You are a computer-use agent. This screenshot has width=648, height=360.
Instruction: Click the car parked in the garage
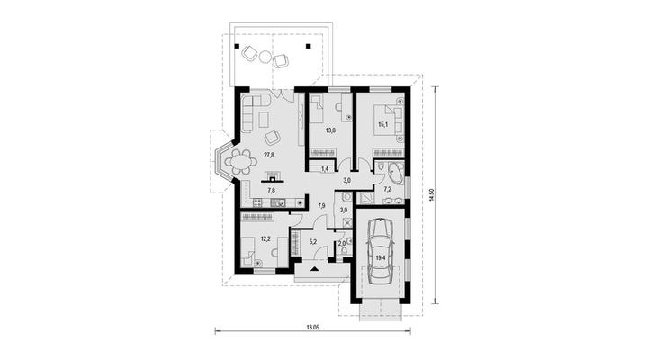380,251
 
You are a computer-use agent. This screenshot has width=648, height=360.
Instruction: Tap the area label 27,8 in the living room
269,155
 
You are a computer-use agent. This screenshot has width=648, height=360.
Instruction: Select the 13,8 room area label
330,130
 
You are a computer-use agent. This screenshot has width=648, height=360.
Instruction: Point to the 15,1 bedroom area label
383,124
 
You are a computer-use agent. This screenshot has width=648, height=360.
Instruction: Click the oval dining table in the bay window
238,162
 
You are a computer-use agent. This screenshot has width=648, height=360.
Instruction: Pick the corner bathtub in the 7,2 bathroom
394,174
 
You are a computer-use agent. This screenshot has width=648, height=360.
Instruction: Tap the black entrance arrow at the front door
315,269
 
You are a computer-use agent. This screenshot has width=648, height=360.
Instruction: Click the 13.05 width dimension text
312,327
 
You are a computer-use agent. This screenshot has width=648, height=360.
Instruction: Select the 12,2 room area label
265,238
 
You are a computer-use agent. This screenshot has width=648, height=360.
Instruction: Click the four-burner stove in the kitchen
257,202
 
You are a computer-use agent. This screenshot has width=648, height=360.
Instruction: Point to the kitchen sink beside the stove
278,202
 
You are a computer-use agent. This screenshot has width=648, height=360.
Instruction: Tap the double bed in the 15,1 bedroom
388,120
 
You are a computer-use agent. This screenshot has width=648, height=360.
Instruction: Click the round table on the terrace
265,57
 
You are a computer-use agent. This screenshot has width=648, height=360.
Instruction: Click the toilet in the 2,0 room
349,249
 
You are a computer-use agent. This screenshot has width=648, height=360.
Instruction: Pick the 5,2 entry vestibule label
312,243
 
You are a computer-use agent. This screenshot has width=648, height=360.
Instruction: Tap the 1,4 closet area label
324,169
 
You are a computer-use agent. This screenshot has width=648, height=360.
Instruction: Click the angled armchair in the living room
273,137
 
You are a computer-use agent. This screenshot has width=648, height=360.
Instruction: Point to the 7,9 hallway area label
321,205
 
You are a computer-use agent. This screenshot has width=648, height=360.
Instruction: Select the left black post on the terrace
238,46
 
